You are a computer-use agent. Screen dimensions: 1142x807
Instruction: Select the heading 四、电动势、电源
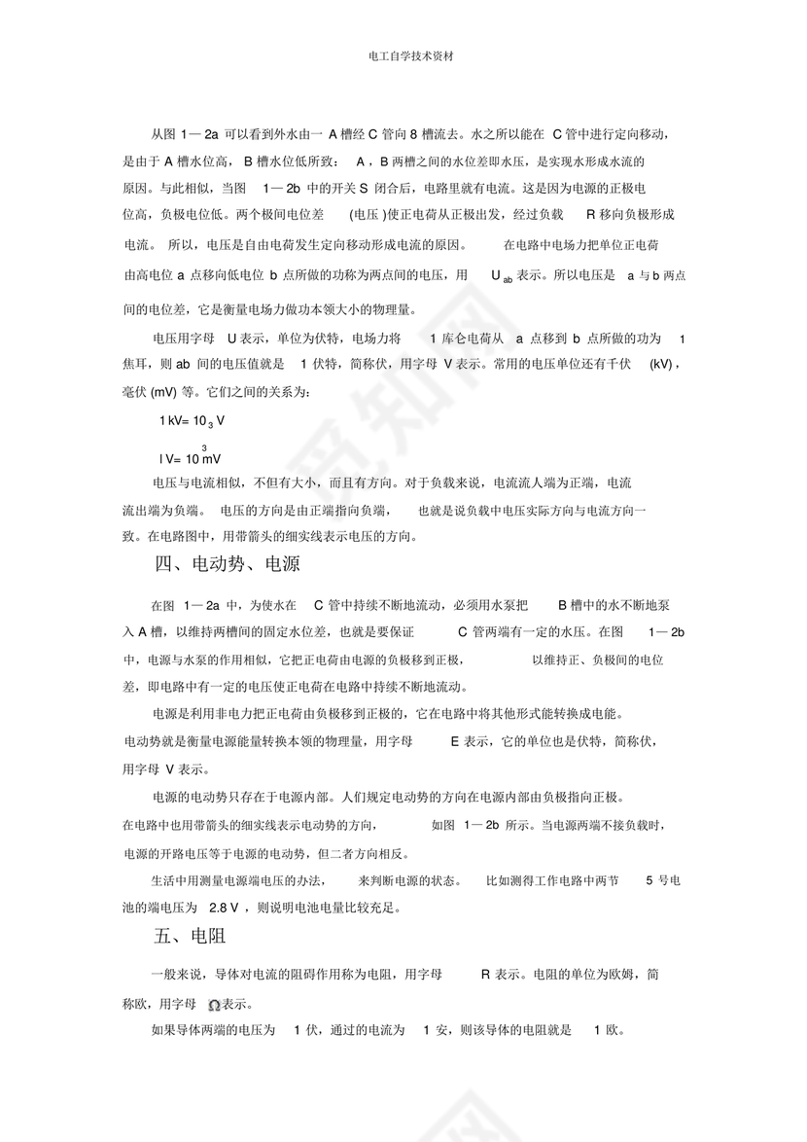[x=227, y=563]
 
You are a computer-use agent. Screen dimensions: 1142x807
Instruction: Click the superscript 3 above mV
[x=204, y=447]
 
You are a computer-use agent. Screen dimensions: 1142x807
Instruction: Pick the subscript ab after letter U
[x=508, y=279]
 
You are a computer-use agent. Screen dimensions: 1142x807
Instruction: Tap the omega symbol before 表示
[x=214, y=1005]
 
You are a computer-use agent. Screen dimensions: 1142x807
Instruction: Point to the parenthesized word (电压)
[x=367, y=213]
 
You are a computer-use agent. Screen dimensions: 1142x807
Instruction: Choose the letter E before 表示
[x=454, y=741]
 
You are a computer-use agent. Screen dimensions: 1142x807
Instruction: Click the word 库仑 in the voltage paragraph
[x=456, y=339]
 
